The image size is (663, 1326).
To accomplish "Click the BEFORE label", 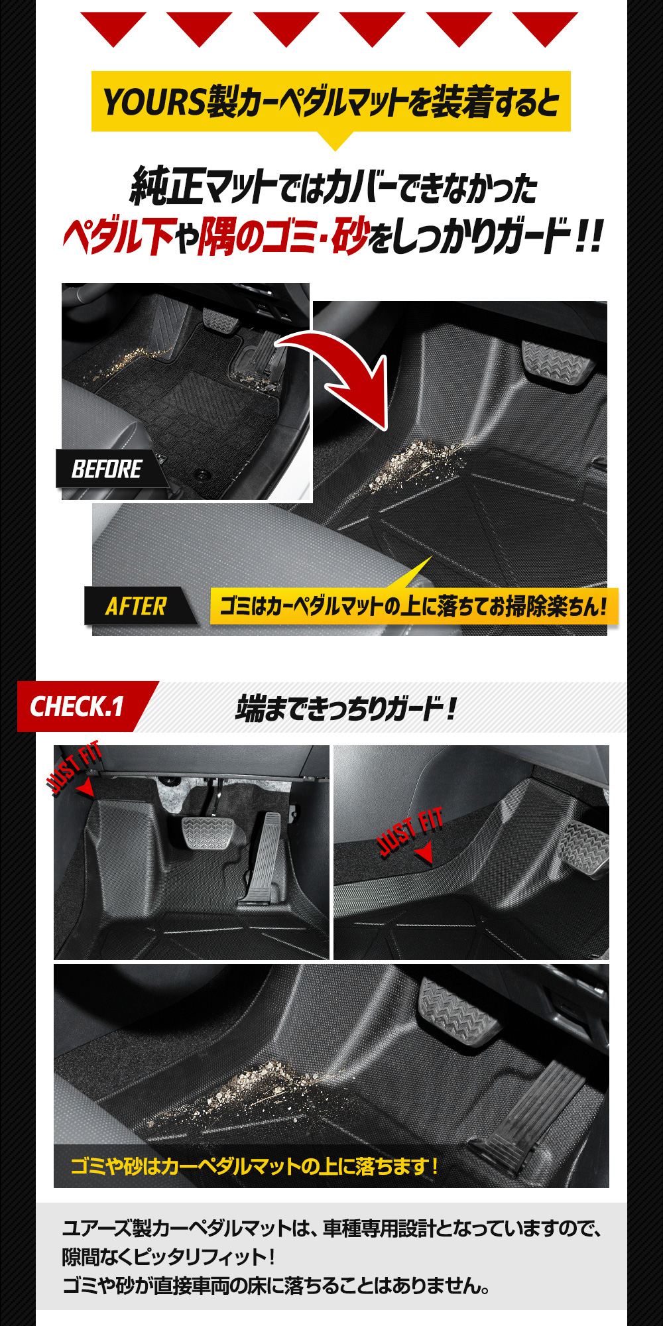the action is click(107, 469).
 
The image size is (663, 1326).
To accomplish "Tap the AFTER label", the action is click(137, 606).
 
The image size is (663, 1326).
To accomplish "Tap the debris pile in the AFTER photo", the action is click(411, 464).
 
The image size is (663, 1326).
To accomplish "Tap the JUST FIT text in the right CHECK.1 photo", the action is click(410, 832).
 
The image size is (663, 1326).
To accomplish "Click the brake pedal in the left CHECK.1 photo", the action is click(206, 835).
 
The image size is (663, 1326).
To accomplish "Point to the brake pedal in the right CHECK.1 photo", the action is click(583, 849).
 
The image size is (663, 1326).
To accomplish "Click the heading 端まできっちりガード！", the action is click(346, 707).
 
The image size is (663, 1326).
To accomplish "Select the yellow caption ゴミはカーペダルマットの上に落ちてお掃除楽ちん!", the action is click(414, 606).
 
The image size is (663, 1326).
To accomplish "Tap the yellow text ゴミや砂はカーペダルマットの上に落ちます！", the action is click(255, 1166).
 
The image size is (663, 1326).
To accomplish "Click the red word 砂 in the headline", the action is click(349, 236).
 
